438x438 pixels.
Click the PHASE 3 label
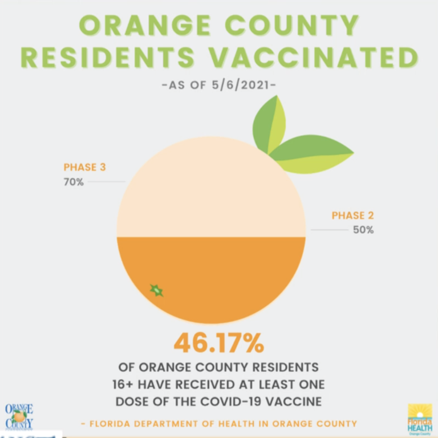84,167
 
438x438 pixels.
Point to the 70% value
74,182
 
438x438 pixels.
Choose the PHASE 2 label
353,215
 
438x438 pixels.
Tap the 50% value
363,230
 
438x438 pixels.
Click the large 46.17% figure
219,343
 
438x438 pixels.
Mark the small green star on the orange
156,290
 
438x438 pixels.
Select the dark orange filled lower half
228,274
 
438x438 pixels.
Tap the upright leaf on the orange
269,124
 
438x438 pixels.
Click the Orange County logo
19,416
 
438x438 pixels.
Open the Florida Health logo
420,419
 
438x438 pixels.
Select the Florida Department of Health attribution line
219,424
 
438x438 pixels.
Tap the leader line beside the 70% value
106,182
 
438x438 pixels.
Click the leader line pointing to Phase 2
329,230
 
